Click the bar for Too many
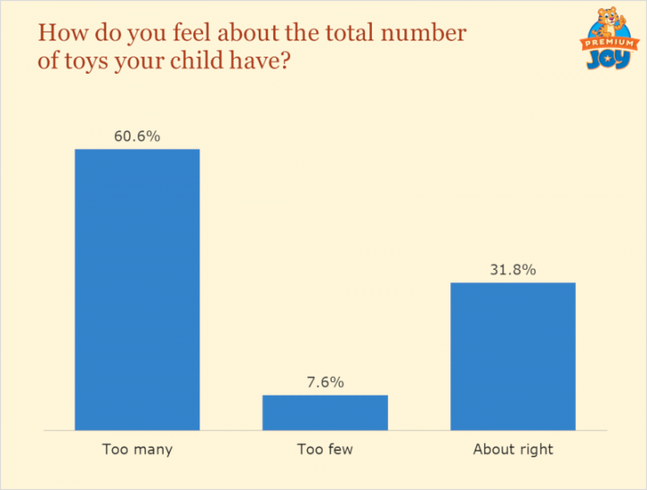tap(137, 289)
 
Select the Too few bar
tap(324, 413)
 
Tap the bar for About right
tap(512, 356)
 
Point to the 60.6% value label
tap(137, 137)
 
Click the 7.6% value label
tap(324, 382)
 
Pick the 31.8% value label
tap(512, 270)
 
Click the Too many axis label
tap(137, 449)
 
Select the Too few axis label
tap(324, 449)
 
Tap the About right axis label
tap(513, 449)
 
